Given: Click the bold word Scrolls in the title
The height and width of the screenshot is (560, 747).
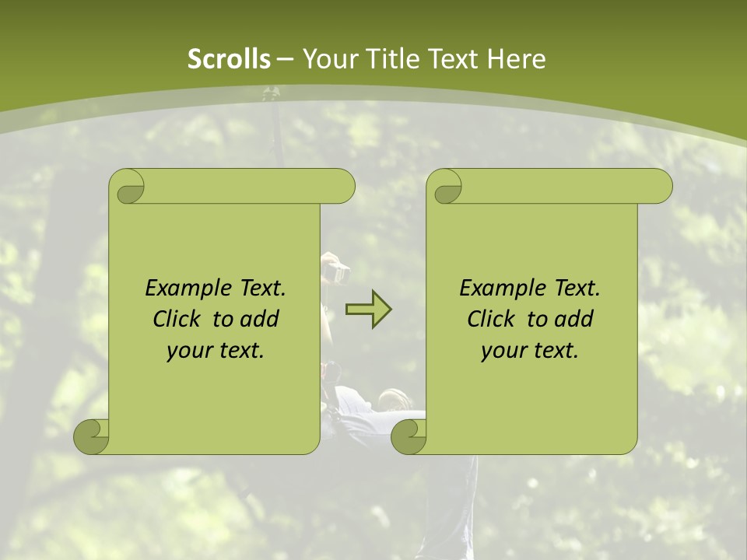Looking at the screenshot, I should tap(229, 59).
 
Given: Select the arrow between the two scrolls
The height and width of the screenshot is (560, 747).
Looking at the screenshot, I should tap(368, 309).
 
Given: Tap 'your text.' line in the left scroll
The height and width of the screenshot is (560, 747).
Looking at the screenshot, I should tap(216, 350).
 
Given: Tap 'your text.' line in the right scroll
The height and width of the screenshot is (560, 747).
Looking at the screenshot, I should tap(530, 350).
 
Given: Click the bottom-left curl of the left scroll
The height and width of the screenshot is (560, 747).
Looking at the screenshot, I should tap(90, 436).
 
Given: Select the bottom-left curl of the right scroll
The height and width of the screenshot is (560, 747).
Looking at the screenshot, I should tap(408, 436).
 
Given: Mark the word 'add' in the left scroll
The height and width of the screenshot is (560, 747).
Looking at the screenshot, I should tap(260, 319).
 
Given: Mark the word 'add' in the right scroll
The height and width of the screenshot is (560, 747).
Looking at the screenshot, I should tap(574, 319).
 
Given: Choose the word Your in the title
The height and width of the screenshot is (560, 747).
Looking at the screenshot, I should tap(327, 59).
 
